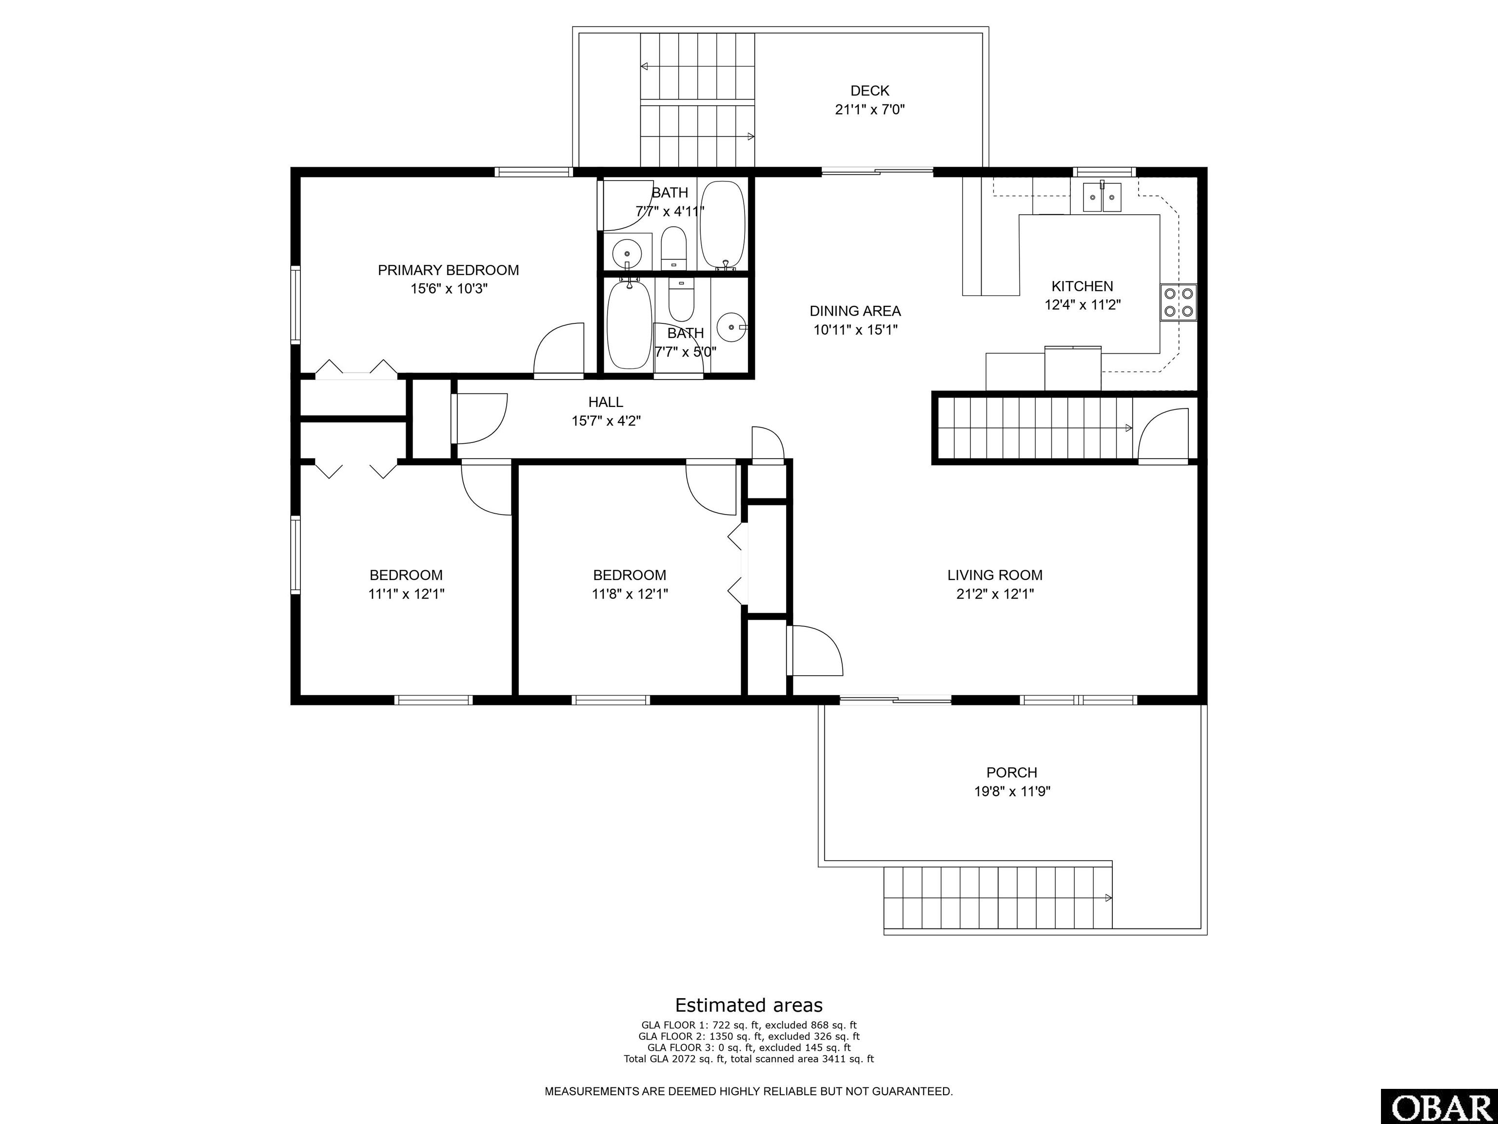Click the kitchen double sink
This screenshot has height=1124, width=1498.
[1102, 197]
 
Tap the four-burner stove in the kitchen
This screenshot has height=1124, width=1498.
[1178, 302]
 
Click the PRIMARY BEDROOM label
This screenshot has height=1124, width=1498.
[448, 270]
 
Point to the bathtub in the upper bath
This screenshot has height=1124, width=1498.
[723, 225]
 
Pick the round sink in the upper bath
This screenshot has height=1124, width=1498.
[627, 255]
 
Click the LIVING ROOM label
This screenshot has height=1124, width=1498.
[995, 575]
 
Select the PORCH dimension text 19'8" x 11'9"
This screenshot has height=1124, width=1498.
[1012, 791]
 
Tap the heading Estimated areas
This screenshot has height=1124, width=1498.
[749, 1005]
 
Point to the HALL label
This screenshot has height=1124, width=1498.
[606, 402]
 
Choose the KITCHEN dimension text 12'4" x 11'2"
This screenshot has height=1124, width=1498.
[1082, 305]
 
